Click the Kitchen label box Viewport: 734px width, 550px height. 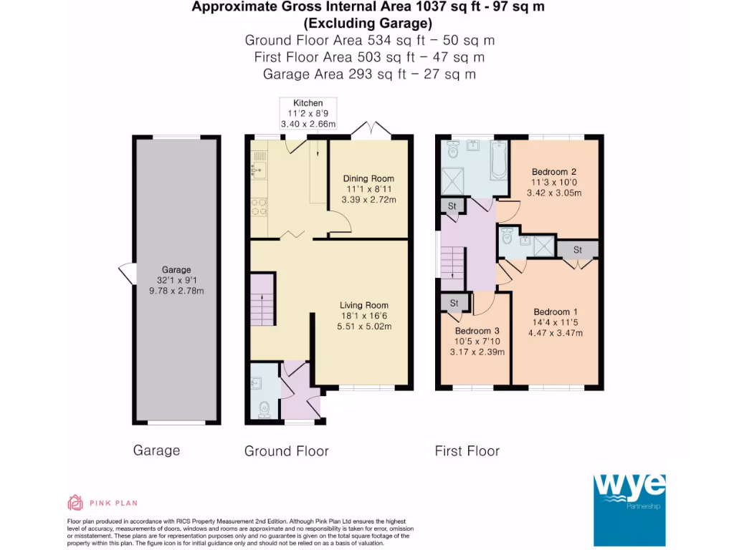point(308,113)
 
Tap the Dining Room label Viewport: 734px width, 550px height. point(368,178)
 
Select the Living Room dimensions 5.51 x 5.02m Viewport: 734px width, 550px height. point(364,327)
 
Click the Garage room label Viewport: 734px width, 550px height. point(176,270)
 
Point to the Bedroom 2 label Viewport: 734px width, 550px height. point(554,172)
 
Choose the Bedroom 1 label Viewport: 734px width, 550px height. point(556,312)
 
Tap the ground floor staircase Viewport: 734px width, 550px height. point(262,299)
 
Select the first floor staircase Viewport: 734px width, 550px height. point(452,269)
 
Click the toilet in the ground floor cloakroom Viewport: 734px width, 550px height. point(264,409)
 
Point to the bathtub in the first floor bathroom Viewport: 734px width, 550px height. point(499,160)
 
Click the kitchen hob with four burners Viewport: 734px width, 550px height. point(259,207)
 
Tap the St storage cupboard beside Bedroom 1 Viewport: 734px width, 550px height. point(578,250)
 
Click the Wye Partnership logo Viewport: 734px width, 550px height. point(629,510)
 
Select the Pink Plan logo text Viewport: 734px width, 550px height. point(114,503)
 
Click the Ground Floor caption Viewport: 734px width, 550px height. point(287,451)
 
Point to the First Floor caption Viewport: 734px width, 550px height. point(467,451)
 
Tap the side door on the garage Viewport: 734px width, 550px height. point(127,274)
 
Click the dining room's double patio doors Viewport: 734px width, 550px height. point(371,129)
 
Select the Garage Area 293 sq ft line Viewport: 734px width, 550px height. point(369,74)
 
